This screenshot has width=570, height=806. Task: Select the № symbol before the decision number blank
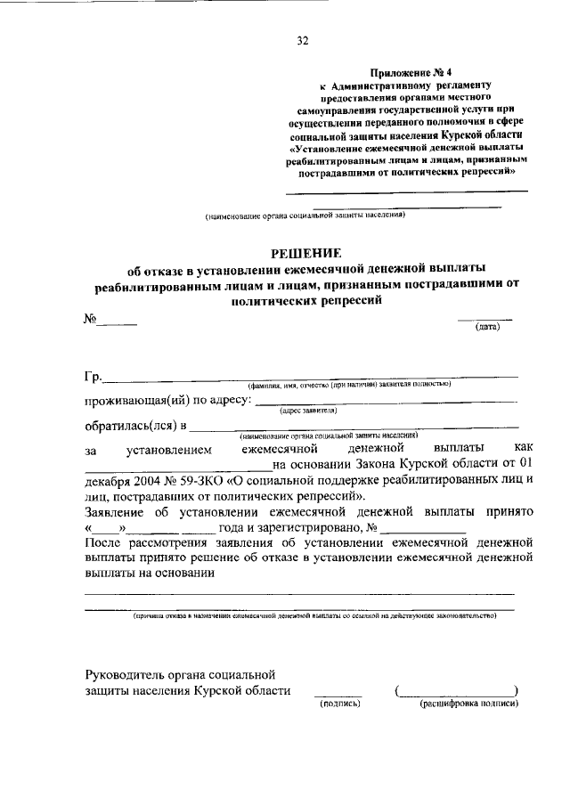click(x=90, y=319)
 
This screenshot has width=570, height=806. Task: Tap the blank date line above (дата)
click(x=485, y=319)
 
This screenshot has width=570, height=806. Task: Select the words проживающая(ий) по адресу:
click(x=168, y=401)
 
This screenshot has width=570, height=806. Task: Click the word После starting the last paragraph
click(x=103, y=542)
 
